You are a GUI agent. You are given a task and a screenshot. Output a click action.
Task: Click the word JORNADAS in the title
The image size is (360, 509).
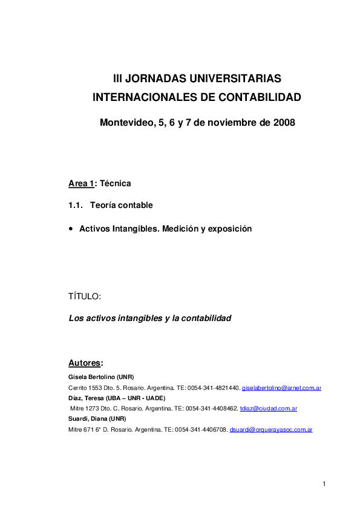[x=155, y=79]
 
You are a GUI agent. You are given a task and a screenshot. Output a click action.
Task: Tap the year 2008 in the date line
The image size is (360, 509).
[x=284, y=123]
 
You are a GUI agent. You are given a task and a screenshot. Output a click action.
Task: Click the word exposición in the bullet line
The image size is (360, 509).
[x=228, y=229]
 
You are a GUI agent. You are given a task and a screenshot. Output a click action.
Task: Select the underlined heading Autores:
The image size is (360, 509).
[x=85, y=363]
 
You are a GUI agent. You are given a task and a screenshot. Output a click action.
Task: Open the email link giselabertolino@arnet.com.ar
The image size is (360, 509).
[x=281, y=387]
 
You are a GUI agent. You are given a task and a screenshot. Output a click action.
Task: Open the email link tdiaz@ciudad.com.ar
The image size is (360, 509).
[x=269, y=409]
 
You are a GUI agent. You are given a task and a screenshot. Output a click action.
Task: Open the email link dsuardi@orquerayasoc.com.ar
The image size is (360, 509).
[x=271, y=430]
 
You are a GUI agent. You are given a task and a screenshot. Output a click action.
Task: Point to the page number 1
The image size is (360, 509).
[x=324, y=483]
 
